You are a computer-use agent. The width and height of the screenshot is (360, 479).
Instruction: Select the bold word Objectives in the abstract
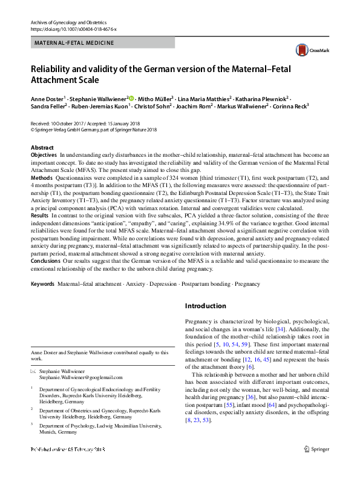click(44, 156)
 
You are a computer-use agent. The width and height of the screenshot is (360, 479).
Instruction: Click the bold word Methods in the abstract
click(41, 178)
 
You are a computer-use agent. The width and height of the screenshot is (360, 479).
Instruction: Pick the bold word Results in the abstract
click(39, 215)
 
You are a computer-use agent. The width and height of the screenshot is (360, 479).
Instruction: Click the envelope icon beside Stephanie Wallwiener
click(33, 371)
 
